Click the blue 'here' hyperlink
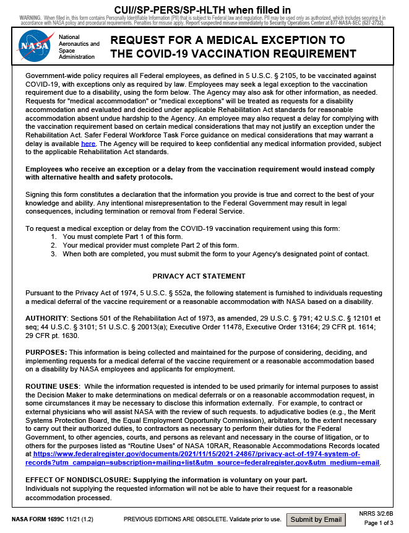(x=88, y=144)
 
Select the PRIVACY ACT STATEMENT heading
(x=199, y=276)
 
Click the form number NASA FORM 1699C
(x=38, y=519)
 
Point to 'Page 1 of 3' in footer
(x=379, y=524)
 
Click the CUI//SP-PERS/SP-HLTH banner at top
(x=203, y=10)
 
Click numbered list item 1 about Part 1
(x=123, y=237)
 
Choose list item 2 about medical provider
(x=150, y=246)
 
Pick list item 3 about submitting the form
(x=215, y=254)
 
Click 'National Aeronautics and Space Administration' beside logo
(x=79, y=47)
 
